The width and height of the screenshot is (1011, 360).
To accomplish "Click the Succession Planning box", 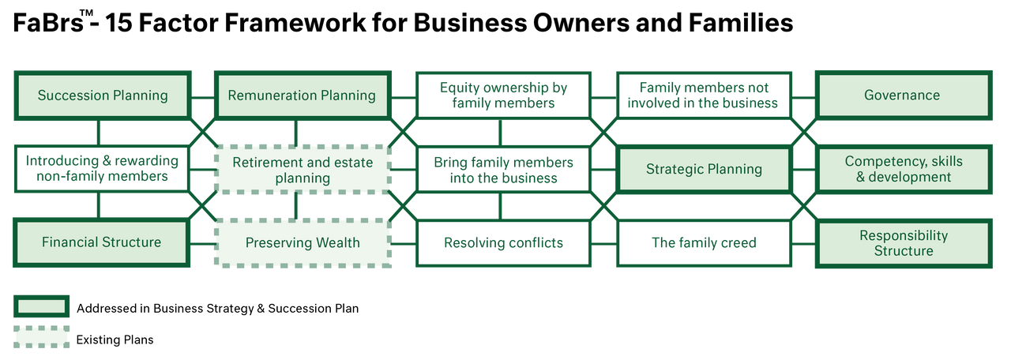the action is (103, 96).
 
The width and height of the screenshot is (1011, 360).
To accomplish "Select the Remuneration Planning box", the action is (303, 96).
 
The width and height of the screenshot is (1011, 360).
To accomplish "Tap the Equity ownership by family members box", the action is (503, 96).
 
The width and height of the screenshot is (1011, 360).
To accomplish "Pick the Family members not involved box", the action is (704, 96).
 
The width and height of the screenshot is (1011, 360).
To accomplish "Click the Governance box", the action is (904, 96).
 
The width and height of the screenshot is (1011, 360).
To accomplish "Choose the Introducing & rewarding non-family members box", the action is (102, 169).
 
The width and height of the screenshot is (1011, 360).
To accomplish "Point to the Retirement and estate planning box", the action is (303, 170).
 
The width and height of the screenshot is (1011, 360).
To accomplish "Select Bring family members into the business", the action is (503, 170).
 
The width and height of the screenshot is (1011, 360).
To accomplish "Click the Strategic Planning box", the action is (704, 169).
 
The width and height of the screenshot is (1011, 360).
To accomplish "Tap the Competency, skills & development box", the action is (904, 169).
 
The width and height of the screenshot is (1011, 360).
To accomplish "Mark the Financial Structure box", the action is (102, 242).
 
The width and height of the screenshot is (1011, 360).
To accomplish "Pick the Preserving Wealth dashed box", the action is (303, 243).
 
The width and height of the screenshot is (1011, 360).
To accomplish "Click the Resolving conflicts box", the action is (503, 243).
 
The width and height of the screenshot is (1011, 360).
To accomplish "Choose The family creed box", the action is (704, 243).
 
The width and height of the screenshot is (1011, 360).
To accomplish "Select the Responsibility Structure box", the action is (904, 243).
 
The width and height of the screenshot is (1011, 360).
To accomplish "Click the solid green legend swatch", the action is (42, 307).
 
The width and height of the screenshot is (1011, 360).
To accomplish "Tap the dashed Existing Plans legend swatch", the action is (42, 337).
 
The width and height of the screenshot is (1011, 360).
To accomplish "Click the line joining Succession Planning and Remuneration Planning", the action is (203, 97).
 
